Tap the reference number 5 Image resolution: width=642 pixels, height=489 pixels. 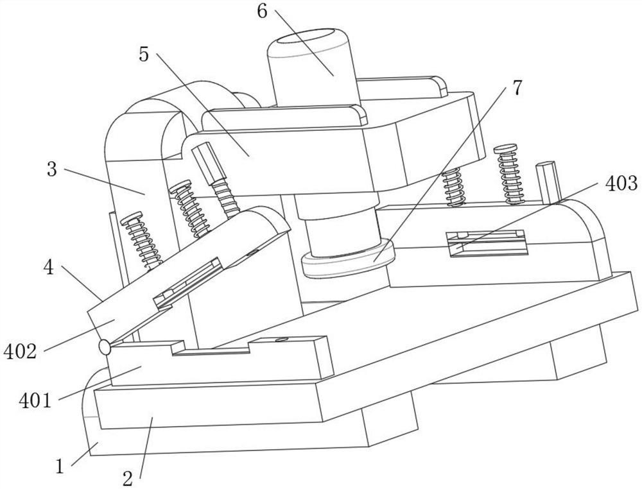(143, 55)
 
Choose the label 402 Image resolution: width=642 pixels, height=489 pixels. (20, 351)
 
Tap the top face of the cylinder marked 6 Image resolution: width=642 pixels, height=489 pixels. (313, 39)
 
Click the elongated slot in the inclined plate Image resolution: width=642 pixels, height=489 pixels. (187, 282)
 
